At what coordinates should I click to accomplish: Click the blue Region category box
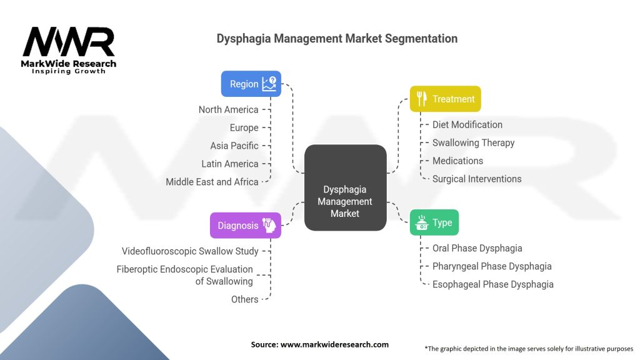point(251,84)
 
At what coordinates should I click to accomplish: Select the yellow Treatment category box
point(445,99)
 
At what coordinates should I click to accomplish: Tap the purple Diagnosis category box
point(245,226)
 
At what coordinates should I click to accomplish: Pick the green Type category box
point(434,222)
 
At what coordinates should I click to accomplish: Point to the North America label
point(228,109)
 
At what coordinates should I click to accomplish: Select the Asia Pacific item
point(234,146)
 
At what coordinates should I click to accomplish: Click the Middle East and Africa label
point(212,182)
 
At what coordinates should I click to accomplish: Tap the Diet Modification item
point(467,124)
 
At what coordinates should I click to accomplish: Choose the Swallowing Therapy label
point(473,142)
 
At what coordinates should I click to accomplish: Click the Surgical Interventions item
point(476,179)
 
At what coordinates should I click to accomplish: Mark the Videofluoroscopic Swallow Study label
point(190,251)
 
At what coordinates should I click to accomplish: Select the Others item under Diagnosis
point(244,299)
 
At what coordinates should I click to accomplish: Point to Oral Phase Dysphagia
point(477,248)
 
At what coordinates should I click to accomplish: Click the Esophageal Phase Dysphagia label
point(492,284)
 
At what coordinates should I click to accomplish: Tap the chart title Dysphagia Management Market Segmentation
point(337,39)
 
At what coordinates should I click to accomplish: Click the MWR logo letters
point(69,42)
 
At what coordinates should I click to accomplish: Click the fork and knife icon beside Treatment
point(422,99)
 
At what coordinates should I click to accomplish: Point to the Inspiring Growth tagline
point(69,72)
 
